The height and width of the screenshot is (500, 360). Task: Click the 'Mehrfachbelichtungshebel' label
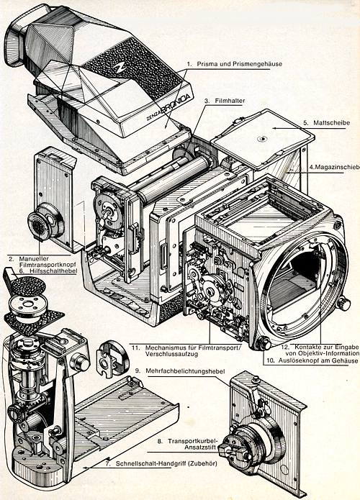coord(169,371)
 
